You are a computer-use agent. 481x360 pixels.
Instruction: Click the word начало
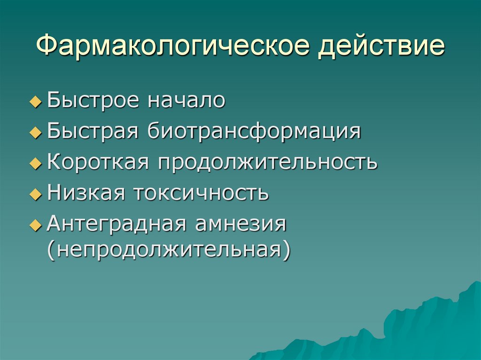coord(187,101)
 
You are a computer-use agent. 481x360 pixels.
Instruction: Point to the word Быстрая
coord(93,131)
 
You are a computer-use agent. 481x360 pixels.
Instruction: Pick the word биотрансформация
coord(255,131)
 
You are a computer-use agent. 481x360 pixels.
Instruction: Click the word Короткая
coord(98,162)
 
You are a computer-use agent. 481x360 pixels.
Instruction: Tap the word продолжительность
coord(267,162)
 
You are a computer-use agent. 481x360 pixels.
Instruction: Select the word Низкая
coord(87,192)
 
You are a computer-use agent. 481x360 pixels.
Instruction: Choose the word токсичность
coord(202,192)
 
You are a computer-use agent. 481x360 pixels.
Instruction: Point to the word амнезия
coord(238,223)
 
